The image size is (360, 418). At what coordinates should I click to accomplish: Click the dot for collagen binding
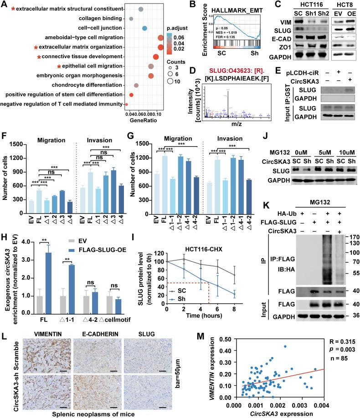click(x=131, y=19)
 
